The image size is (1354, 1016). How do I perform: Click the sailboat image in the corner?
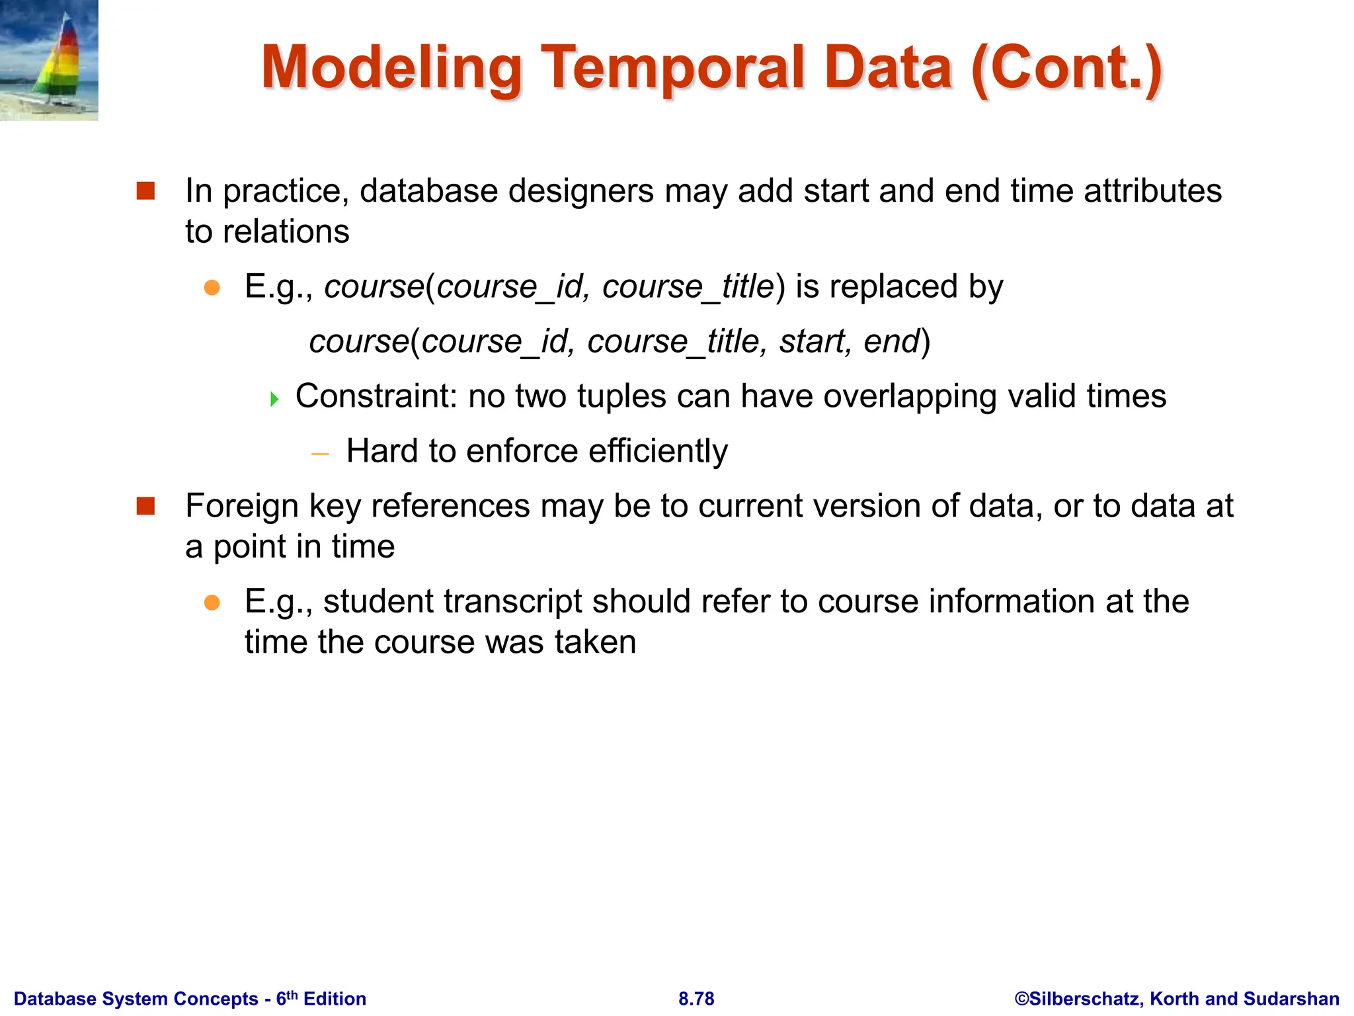[x=49, y=60]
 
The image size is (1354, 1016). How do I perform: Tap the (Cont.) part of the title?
[x=1066, y=68]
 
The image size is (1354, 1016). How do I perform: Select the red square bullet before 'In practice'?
[x=145, y=191]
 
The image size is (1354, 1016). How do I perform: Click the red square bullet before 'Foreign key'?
[x=145, y=507]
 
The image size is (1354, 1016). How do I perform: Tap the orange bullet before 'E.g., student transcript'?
[x=212, y=602]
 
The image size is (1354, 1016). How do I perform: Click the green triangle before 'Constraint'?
[x=274, y=399]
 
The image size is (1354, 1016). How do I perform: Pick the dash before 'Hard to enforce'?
[x=320, y=454]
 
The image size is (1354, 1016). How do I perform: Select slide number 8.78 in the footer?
[x=696, y=998]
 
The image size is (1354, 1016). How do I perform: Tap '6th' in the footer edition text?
[x=286, y=997]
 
